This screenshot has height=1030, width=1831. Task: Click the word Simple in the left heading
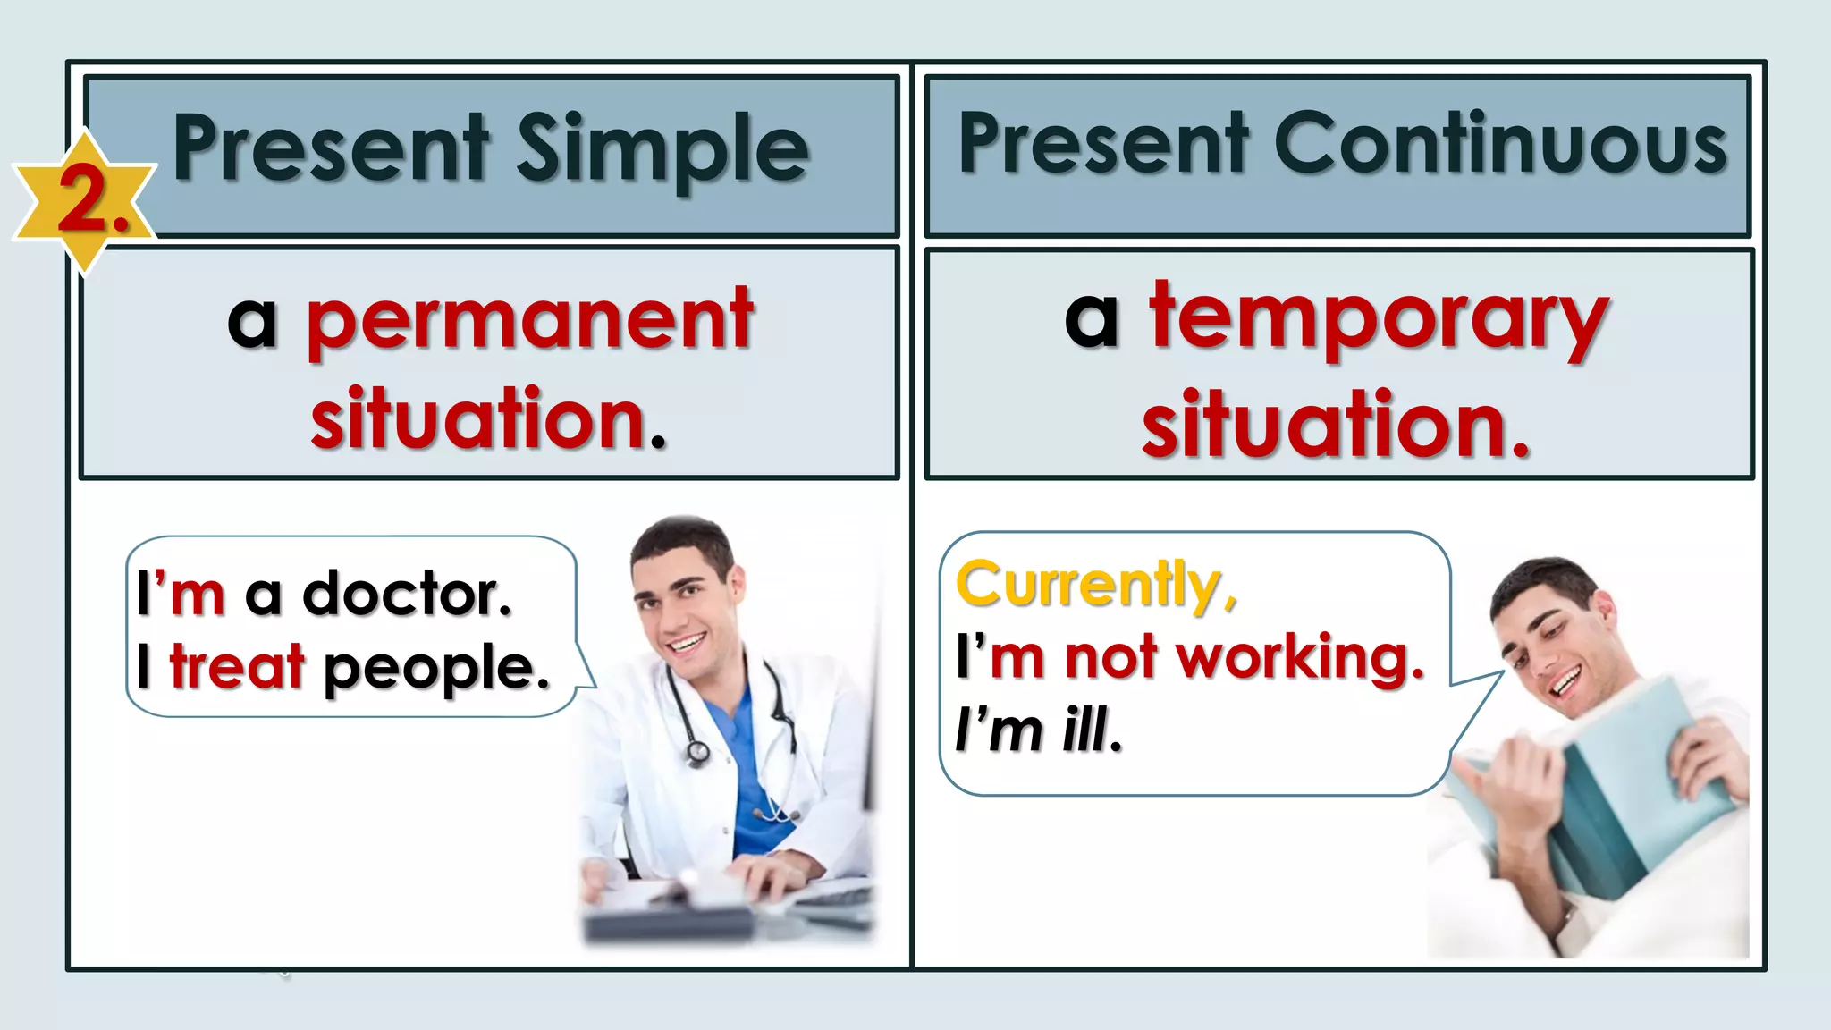pos(662,149)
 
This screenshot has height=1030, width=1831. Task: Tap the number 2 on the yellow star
pos(85,201)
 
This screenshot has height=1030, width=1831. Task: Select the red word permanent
pos(530,320)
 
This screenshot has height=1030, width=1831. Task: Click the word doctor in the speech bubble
pos(407,594)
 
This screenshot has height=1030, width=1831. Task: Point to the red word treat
pos(237,667)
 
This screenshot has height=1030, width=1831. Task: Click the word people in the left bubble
pos(435,669)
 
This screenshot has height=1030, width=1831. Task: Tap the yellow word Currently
pos(1096,585)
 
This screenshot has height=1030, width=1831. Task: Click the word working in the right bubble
pos(1300,658)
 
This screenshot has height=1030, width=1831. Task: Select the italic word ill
pos(1092,730)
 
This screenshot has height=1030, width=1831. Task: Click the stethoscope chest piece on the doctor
pos(697,753)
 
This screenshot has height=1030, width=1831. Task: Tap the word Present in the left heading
pos(331,149)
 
